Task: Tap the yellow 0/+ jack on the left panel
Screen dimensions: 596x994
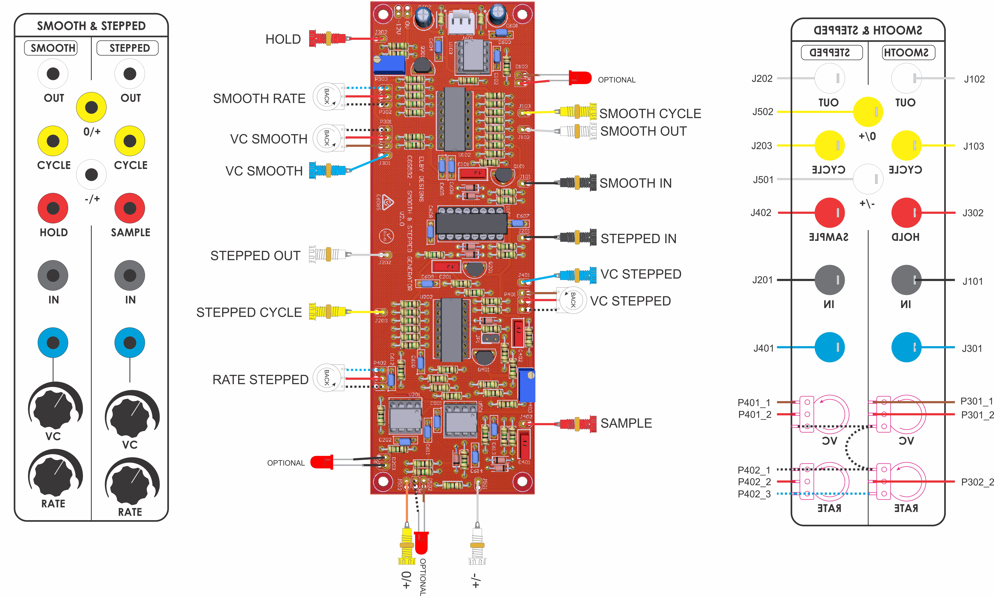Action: tap(92, 107)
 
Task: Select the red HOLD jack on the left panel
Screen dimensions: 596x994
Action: tap(53, 208)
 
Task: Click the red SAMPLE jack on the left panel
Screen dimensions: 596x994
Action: tap(130, 208)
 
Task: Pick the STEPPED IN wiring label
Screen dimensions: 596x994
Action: tap(638, 239)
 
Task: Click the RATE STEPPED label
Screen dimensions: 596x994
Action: tap(260, 380)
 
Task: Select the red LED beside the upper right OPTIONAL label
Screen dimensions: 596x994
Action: tap(580, 78)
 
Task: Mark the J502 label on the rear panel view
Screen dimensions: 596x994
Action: tap(762, 112)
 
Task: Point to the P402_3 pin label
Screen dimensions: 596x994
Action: tap(754, 494)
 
